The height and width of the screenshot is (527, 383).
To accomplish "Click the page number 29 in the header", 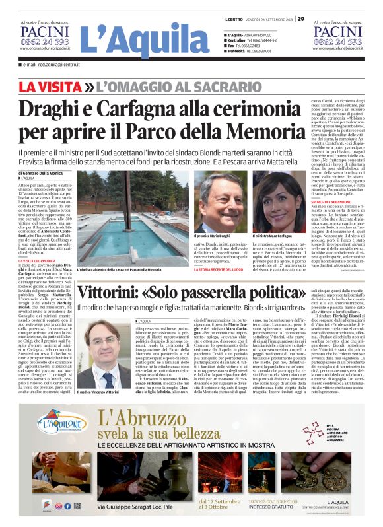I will (300, 19).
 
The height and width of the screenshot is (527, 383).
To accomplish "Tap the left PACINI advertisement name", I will (44, 31).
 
